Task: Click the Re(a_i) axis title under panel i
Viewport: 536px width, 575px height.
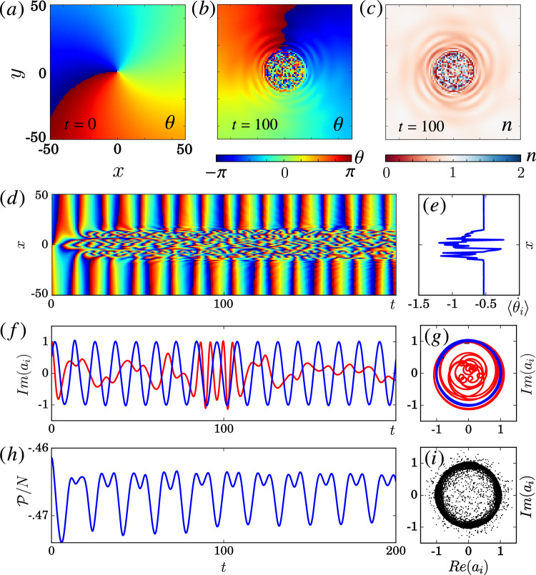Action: (x=468, y=564)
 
